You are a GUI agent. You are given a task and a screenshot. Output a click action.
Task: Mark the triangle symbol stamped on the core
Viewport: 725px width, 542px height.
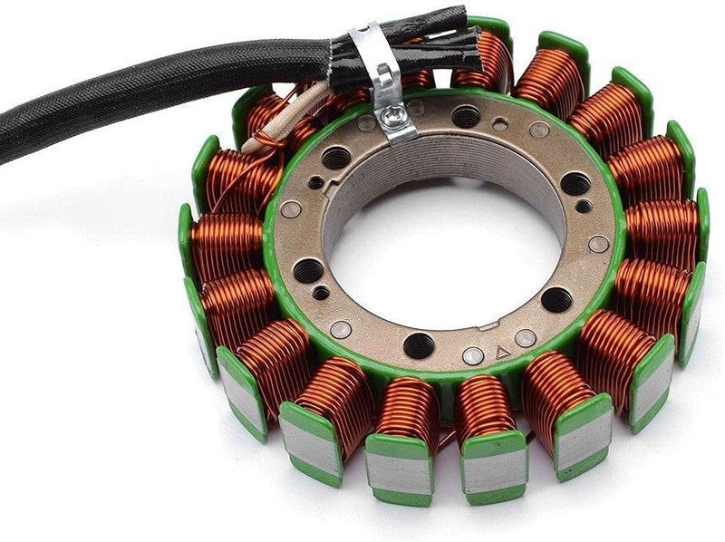tap(501, 351)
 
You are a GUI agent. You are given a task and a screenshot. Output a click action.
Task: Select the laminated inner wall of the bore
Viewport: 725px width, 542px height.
tap(426, 163)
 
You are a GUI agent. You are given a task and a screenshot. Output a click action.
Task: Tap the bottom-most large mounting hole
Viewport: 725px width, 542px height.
tap(419, 345)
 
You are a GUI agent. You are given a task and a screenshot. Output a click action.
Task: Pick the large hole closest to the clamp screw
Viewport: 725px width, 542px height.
tap(465, 116)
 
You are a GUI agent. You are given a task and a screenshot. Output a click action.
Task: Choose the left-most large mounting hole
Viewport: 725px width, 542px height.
tap(308, 270)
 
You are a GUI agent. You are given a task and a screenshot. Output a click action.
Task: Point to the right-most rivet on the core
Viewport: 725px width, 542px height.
tap(599, 244)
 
